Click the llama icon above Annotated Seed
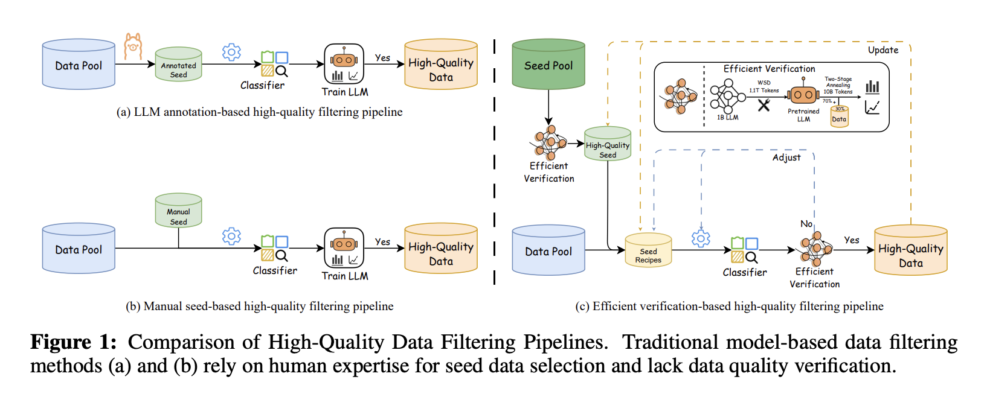coord(132,46)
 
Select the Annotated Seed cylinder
coord(178,65)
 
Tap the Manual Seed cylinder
coord(178,211)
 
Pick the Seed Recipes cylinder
coord(648,250)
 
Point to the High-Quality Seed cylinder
coord(608,144)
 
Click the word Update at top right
coord(883,50)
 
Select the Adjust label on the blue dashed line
coord(786,157)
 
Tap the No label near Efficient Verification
coord(806,224)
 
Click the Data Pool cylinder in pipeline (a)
coord(79,65)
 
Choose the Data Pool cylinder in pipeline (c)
coord(548,250)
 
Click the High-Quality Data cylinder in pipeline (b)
coord(441,249)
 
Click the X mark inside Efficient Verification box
coord(764,106)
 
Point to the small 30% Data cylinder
coord(840,116)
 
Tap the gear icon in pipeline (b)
coord(231,235)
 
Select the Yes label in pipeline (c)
coord(852,240)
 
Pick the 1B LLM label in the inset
coord(728,118)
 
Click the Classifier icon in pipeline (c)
coord(745,249)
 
